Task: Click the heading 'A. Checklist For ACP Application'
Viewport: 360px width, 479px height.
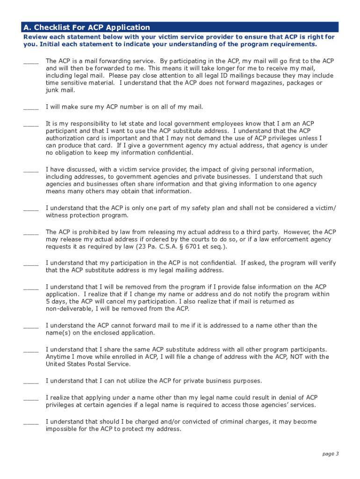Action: tap(86, 27)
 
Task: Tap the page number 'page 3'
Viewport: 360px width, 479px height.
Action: tap(331, 453)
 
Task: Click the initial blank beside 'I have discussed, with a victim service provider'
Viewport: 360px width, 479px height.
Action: tap(31, 171)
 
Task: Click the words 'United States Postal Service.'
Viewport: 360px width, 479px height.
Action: tap(88, 364)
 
